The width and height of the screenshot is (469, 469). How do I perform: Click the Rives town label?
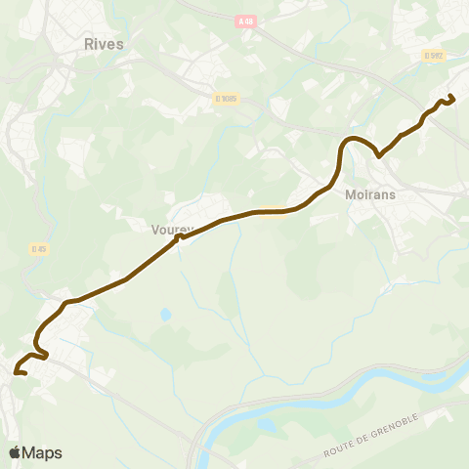click(104, 43)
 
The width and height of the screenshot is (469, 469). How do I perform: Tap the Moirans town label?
click(369, 193)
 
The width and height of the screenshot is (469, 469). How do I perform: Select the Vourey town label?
click(173, 230)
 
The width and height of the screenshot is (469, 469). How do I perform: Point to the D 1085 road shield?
click(227, 98)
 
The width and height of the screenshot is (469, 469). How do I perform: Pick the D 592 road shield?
click(434, 56)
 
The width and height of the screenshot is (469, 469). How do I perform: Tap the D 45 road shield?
click(39, 249)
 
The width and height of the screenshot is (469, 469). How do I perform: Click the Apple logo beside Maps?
click(15, 452)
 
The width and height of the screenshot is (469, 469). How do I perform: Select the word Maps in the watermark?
click(42, 452)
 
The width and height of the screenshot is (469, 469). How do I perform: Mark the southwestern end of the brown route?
click(17, 371)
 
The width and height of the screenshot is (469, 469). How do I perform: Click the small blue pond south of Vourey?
click(165, 315)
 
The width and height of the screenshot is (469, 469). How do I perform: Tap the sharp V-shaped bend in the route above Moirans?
click(378, 152)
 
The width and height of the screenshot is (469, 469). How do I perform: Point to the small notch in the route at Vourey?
click(178, 235)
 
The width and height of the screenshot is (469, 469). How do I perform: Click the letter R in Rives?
click(89, 43)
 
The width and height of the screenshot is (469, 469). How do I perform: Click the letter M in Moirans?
click(351, 193)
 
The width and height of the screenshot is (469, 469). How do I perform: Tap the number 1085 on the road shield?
click(230, 98)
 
